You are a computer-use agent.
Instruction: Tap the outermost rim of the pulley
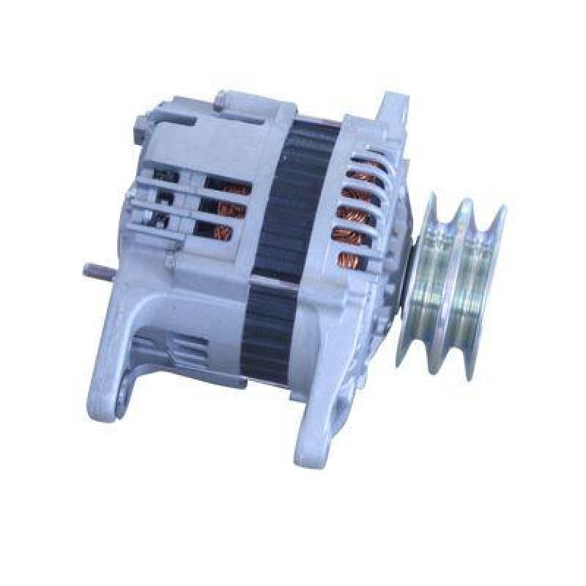tap(489, 282)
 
